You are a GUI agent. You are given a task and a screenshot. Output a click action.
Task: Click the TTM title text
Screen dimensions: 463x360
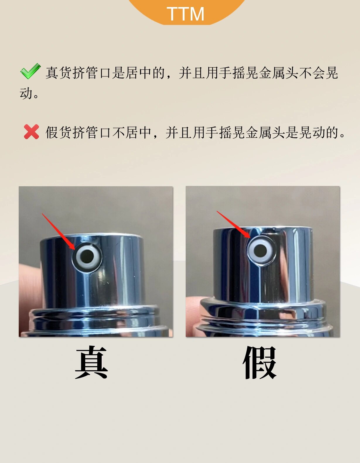[185, 14]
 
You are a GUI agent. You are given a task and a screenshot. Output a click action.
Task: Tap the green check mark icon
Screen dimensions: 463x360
[30, 71]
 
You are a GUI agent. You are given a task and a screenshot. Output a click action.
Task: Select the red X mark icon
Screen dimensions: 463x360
[31, 132]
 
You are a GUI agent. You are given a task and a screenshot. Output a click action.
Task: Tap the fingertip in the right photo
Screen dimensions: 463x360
[193, 310]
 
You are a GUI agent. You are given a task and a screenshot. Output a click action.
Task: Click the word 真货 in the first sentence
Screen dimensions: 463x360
[59, 73]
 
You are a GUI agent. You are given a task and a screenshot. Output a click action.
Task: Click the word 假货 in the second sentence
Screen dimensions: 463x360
[59, 132]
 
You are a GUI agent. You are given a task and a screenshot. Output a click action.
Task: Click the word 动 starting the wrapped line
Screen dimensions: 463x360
[26, 93]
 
